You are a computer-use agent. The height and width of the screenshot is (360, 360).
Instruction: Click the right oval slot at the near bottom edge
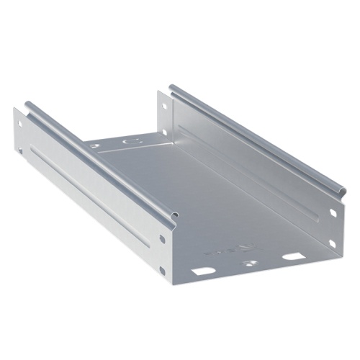pyautogui.click(x=292, y=256)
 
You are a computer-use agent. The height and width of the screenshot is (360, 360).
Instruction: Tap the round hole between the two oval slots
pyautogui.click(x=249, y=264)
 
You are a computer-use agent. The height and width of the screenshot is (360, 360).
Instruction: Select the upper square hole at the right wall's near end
pyautogui.click(x=333, y=214)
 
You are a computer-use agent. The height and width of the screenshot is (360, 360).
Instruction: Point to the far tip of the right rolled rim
pyautogui.click(x=172, y=89)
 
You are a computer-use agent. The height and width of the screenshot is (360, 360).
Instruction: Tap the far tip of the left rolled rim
pyautogui.click(x=29, y=104)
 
